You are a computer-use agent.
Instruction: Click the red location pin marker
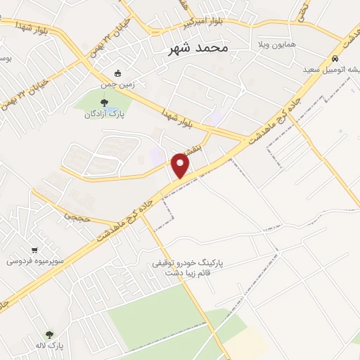pos(181,165)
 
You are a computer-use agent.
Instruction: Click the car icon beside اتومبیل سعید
pos(336,58)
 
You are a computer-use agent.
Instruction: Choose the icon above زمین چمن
pos(117,72)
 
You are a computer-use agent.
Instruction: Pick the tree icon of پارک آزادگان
pos(105,103)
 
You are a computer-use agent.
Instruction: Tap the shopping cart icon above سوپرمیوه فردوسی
pos(34,250)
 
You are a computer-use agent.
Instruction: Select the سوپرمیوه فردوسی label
pos(35,261)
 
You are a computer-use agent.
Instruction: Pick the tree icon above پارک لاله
pos(49,335)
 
